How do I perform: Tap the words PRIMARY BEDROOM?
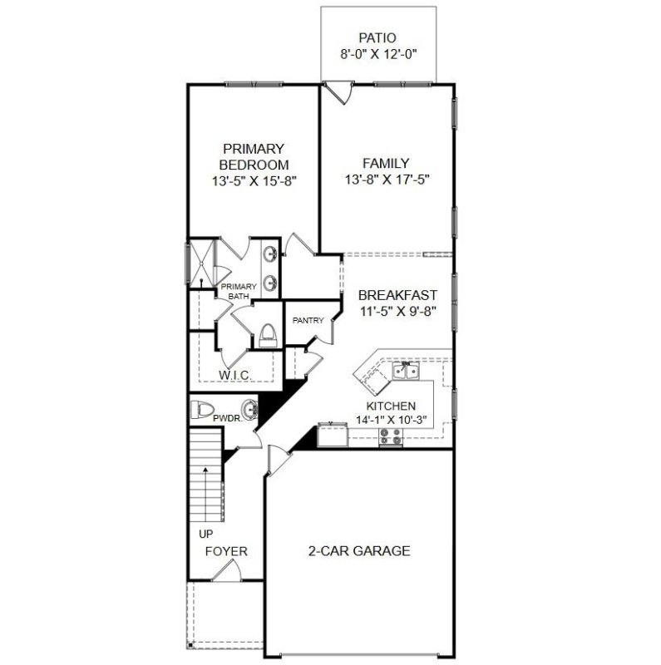coord(254,156)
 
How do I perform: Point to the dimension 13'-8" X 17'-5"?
coord(387,180)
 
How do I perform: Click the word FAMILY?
coord(387,163)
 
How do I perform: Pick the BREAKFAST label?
coord(397,295)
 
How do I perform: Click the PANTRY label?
coord(307,320)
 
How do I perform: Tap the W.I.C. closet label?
coord(235,375)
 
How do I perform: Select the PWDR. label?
coord(227,418)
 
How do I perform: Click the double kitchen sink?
coord(407,373)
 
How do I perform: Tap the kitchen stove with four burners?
coord(388,436)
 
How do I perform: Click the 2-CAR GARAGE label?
coord(359,550)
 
